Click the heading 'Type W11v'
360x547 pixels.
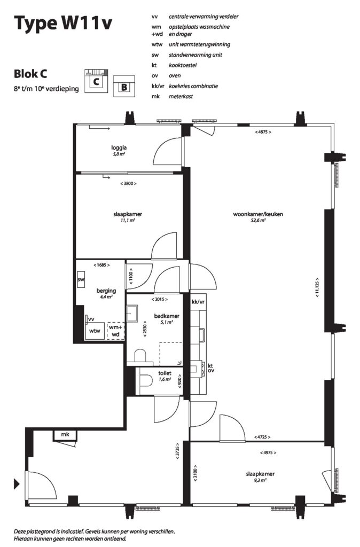point(63,24)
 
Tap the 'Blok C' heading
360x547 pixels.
point(30,74)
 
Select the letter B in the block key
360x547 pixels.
point(124,87)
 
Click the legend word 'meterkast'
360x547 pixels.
point(181,96)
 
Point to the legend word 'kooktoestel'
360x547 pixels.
point(183,65)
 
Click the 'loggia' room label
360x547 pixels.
point(119,147)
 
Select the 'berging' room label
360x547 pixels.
point(106,291)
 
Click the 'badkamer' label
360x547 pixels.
point(167,316)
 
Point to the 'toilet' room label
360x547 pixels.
point(165,373)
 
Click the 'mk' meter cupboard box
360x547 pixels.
point(65,435)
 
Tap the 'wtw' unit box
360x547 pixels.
point(95,331)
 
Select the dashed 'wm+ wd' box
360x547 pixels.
point(116,331)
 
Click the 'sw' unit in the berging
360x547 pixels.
point(81,279)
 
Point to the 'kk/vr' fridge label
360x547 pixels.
point(198,302)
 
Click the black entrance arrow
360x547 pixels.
point(17,483)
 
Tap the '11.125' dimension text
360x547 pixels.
point(317,287)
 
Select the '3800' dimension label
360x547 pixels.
point(128,184)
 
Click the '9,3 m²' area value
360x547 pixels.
point(260,480)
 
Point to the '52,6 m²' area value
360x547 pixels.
point(258,221)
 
